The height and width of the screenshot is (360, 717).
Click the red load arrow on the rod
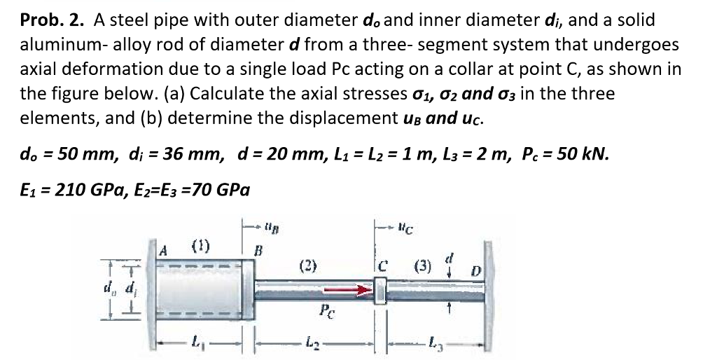click(354, 288)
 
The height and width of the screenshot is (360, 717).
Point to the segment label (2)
click(308, 266)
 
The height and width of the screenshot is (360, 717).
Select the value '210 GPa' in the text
click(89, 189)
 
